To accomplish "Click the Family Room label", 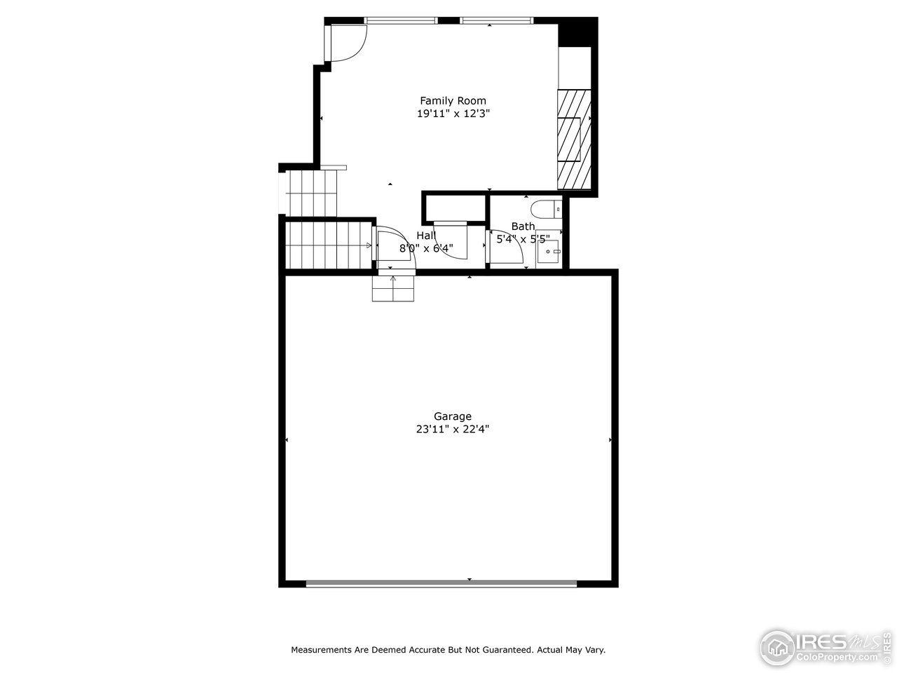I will pyautogui.click(x=453, y=100).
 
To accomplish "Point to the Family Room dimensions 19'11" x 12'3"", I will pyautogui.click(x=453, y=114).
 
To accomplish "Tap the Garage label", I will pyautogui.click(x=452, y=416).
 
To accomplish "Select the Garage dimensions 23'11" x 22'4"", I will pyautogui.click(x=452, y=430).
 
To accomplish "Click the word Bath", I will pyautogui.click(x=523, y=226).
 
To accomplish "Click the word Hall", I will pyautogui.click(x=425, y=236).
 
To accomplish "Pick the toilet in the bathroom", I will pyautogui.click(x=546, y=208).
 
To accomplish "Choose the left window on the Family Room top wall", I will pyautogui.click(x=401, y=20).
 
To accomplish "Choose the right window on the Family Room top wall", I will pyautogui.click(x=497, y=20).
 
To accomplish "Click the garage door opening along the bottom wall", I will pyautogui.click(x=441, y=583).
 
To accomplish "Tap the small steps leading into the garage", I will pyautogui.click(x=393, y=287).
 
